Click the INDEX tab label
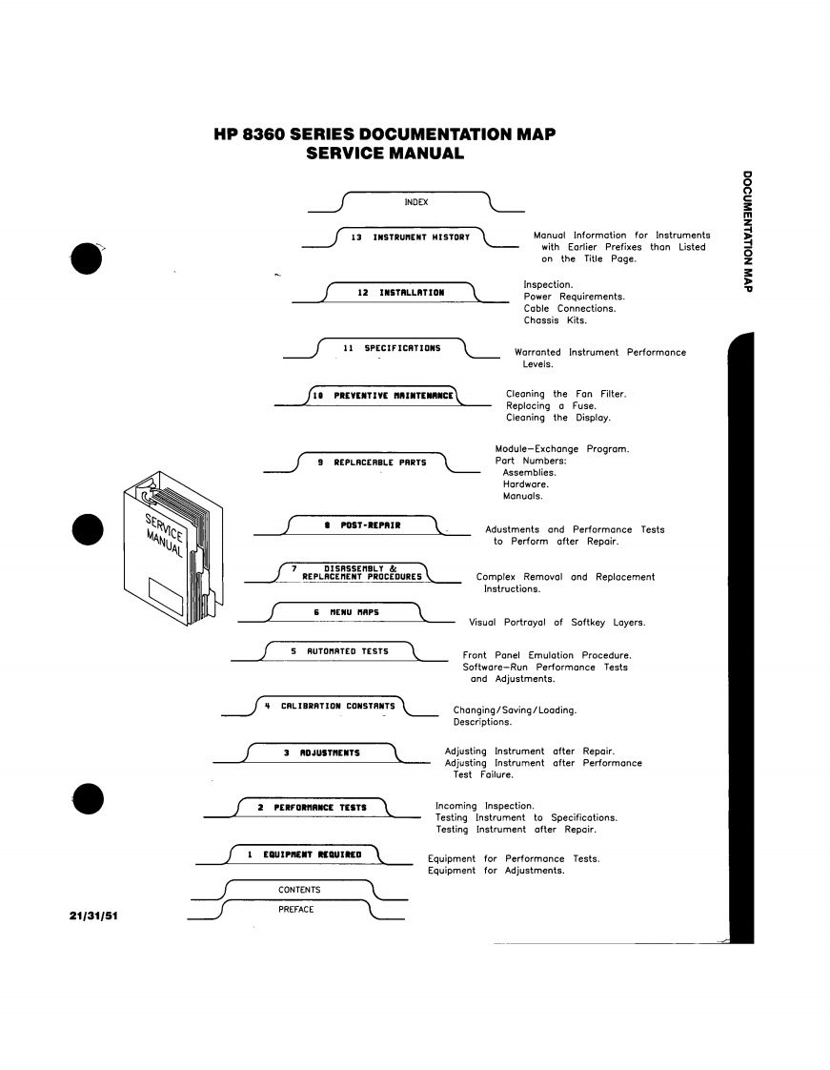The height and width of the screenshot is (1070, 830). point(415,202)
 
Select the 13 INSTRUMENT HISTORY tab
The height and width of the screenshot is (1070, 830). point(411,237)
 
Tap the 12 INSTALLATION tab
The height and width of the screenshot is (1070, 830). point(400,292)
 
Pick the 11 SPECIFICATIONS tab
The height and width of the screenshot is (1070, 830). point(392,348)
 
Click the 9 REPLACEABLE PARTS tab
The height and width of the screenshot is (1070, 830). point(373,463)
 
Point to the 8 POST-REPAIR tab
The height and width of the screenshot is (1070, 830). point(362,525)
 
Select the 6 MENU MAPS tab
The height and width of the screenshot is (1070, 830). point(346,610)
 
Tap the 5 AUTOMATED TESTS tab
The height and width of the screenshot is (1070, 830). point(340,651)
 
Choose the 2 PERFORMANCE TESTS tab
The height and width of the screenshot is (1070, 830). point(313,808)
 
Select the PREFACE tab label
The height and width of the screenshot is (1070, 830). point(296,909)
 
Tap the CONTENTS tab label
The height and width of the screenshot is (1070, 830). point(299,890)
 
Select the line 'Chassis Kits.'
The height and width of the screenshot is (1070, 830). point(556,319)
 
